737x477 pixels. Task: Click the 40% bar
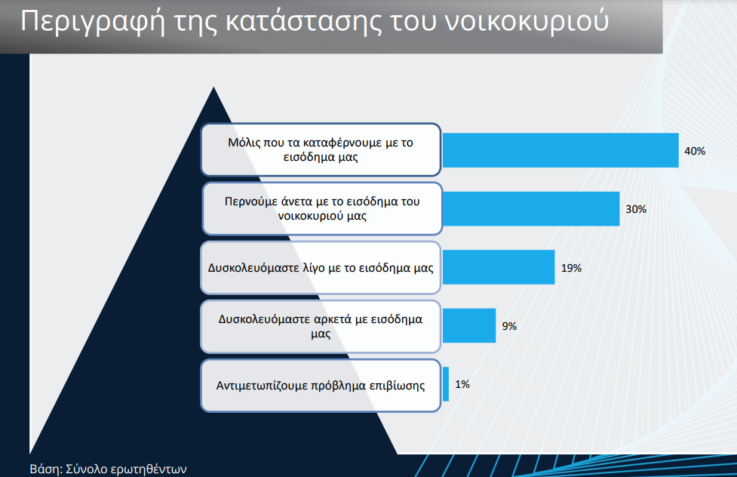click(x=560, y=150)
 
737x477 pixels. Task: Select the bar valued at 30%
click(x=531, y=208)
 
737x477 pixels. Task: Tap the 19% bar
click(x=499, y=267)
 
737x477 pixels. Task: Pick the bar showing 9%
click(x=469, y=325)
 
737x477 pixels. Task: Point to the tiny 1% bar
click(x=446, y=384)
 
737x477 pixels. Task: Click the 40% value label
click(x=695, y=151)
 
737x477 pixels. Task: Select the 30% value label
click(x=636, y=209)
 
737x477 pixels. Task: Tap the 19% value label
click(x=571, y=268)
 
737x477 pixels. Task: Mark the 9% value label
click(x=509, y=326)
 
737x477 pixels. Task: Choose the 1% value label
click(x=462, y=384)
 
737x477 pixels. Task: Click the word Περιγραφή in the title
click(x=93, y=22)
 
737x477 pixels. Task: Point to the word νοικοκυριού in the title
click(x=527, y=22)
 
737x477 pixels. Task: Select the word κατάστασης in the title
click(x=304, y=22)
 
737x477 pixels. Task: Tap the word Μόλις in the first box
click(x=243, y=143)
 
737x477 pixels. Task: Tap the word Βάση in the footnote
click(x=46, y=469)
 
